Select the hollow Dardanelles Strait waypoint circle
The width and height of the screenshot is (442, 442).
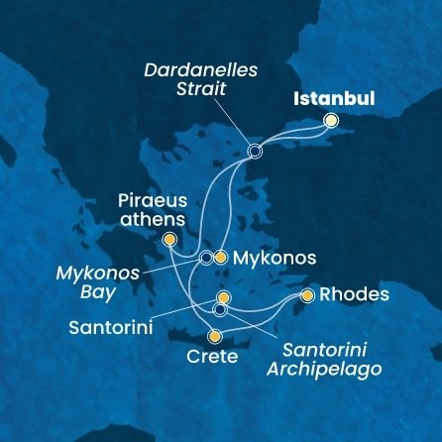[x=255, y=152]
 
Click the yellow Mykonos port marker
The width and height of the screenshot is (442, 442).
[x=221, y=258]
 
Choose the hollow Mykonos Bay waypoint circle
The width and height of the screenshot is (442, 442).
[x=206, y=258]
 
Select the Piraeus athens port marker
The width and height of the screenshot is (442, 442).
[x=169, y=239]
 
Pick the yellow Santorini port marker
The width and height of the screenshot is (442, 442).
[x=223, y=297]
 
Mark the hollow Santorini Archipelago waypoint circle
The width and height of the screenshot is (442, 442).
[x=220, y=310]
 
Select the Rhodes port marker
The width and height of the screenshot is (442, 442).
[x=307, y=295]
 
